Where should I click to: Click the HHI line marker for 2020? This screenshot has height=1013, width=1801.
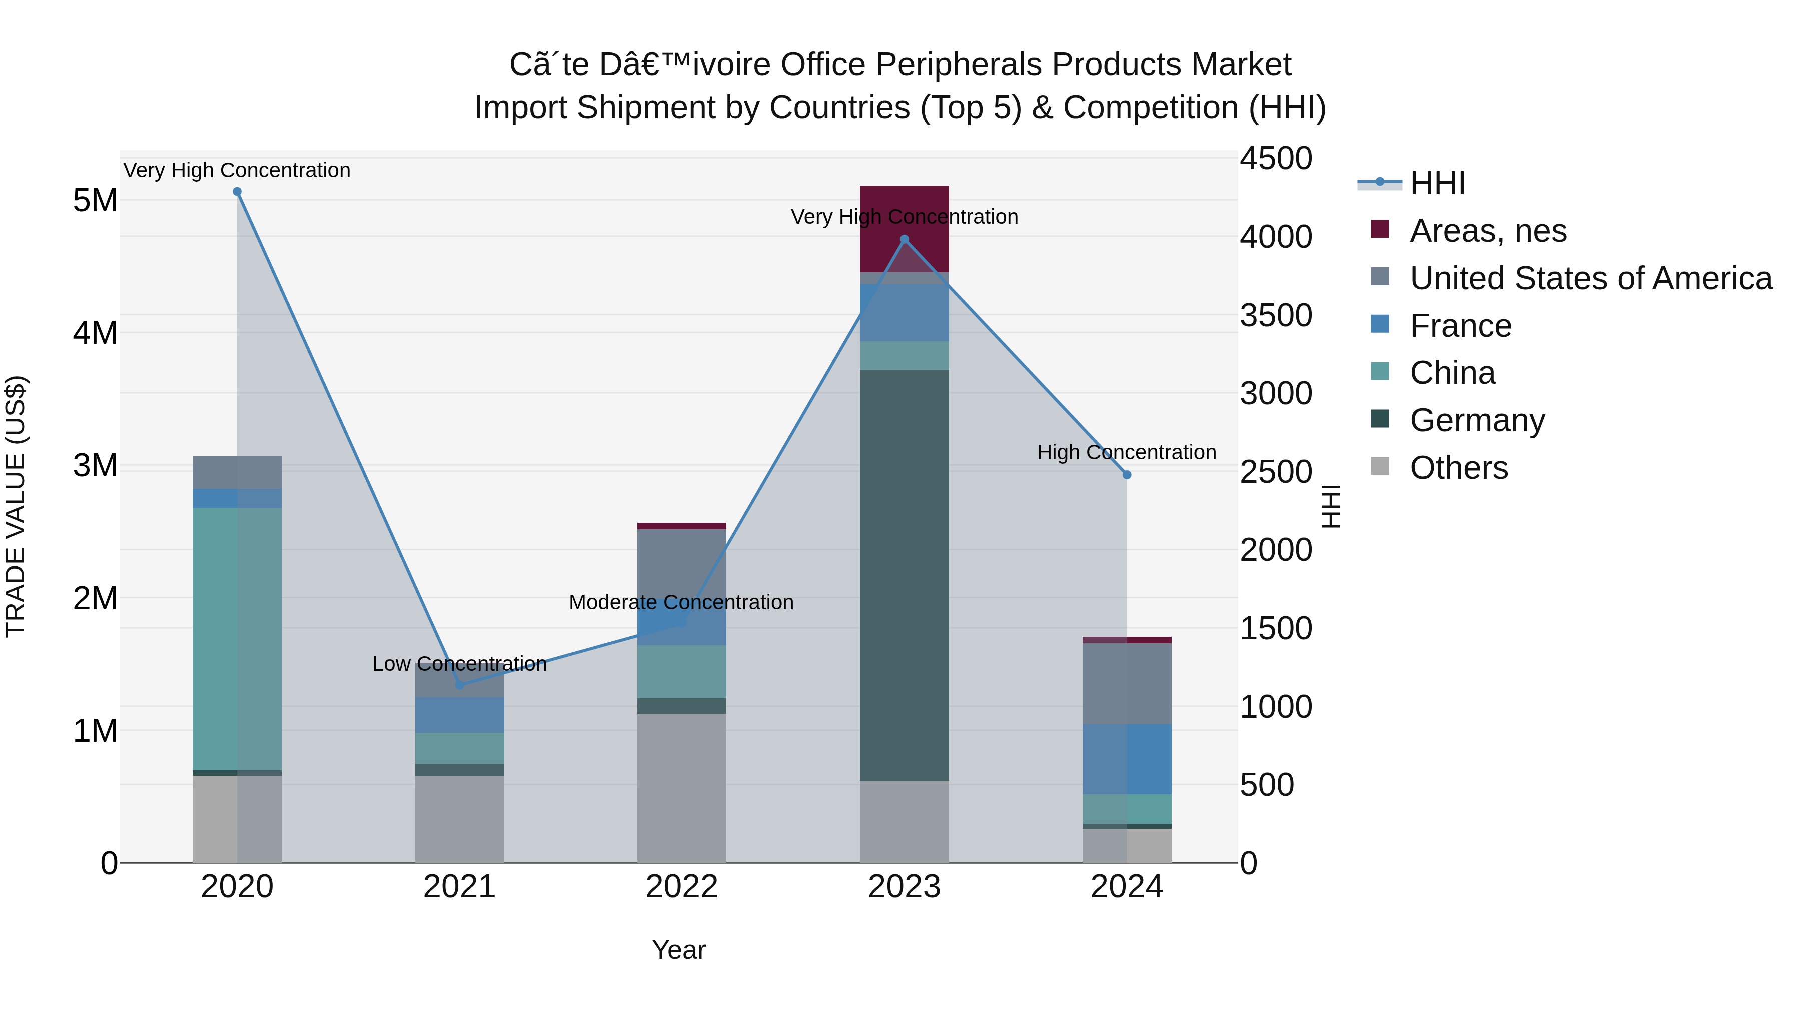[x=237, y=192]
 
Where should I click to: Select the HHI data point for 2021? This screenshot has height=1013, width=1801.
[x=459, y=685]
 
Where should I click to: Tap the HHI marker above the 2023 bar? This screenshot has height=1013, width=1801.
[x=904, y=239]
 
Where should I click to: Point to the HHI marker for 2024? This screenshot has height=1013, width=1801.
[x=1126, y=475]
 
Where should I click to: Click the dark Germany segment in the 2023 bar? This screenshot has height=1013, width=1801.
[x=904, y=573]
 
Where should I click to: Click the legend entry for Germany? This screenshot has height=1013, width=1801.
[x=1477, y=420]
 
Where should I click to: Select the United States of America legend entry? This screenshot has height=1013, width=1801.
[x=1590, y=278]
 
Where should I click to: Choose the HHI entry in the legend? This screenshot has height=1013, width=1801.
[x=1437, y=183]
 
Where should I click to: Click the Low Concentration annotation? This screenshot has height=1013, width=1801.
[x=459, y=663]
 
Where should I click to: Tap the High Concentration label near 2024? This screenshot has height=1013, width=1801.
[x=1126, y=452]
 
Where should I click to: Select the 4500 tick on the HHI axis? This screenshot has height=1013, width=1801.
[x=1276, y=158]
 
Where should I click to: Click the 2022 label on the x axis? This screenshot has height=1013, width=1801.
[x=682, y=887]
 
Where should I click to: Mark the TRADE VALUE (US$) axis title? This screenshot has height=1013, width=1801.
[x=16, y=506]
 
